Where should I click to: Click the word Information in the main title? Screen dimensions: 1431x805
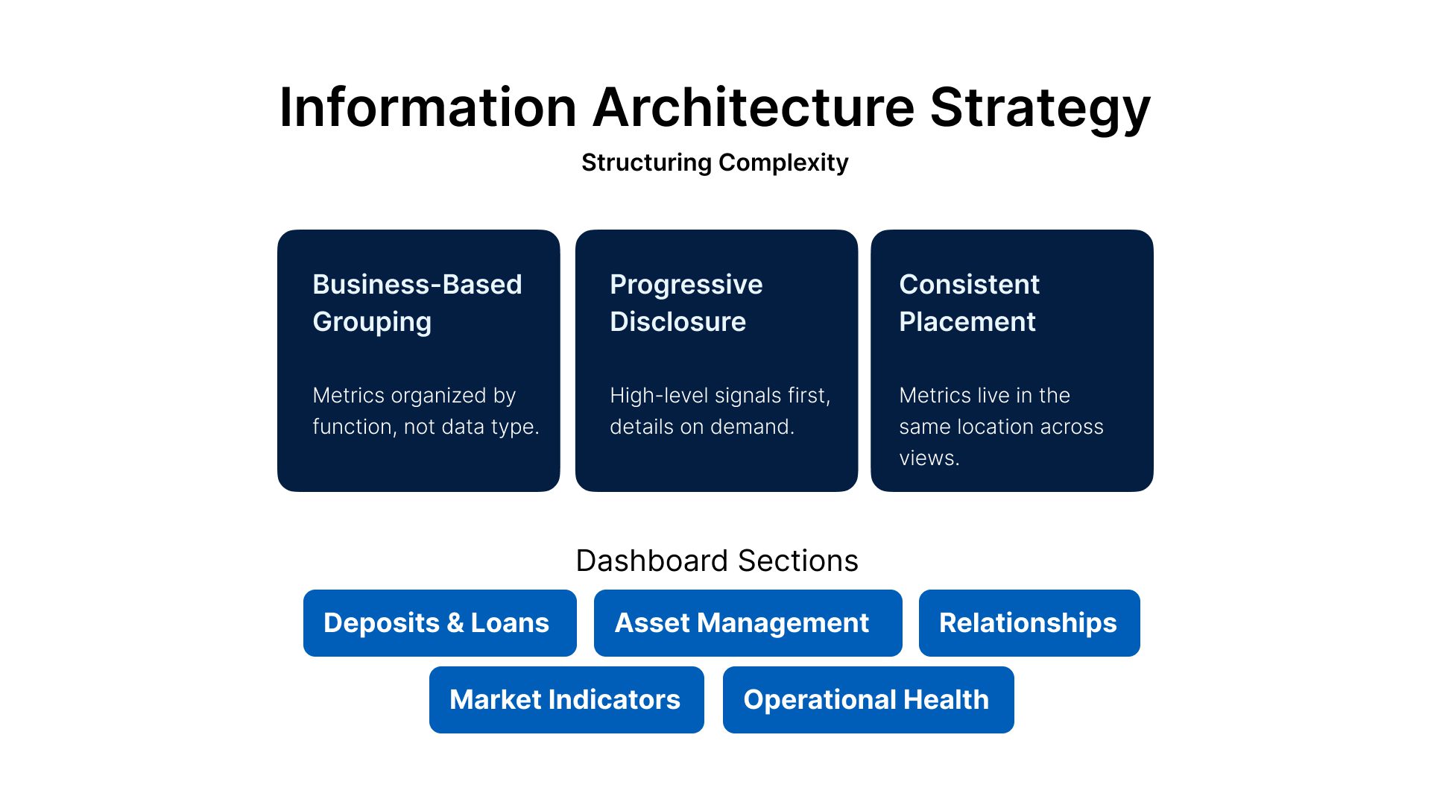(x=428, y=107)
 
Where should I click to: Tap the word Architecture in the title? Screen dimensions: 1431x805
(x=754, y=107)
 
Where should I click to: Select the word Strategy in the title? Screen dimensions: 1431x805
(x=1040, y=110)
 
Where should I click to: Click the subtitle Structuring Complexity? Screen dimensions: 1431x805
(x=715, y=162)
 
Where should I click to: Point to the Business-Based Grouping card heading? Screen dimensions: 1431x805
(x=417, y=303)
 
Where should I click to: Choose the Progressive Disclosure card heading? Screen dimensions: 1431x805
(x=686, y=303)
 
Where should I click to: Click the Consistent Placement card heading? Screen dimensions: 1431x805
(x=969, y=303)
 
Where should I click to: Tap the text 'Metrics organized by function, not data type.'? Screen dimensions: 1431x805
(x=426, y=411)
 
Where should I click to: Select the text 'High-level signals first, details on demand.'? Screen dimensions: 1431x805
(x=720, y=411)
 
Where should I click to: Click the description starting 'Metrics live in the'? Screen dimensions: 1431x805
(x=1001, y=426)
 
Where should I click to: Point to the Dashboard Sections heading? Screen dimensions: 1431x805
(x=717, y=561)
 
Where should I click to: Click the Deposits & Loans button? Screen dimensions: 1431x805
(x=440, y=623)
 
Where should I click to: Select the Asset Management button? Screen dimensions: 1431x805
(x=748, y=623)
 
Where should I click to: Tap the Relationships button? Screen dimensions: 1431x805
(x=1029, y=623)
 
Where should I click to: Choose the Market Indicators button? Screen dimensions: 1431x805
(x=566, y=700)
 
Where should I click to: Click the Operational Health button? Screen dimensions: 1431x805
(x=868, y=700)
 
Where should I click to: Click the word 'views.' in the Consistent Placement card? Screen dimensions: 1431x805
(x=929, y=458)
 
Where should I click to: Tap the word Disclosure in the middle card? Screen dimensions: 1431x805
(x=677, y=322)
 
